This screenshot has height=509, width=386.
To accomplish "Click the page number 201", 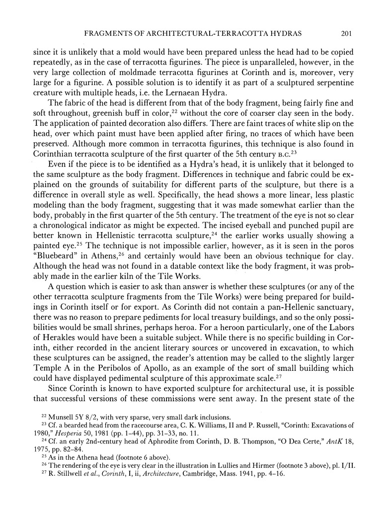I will tap(346, 34).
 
